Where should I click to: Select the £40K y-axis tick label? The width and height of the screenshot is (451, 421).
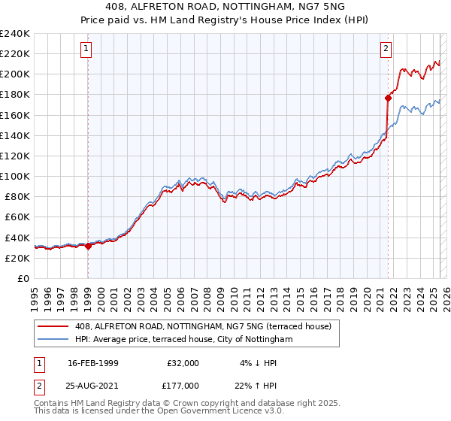[17, 238]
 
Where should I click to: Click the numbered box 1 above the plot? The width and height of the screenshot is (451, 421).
[86, 49]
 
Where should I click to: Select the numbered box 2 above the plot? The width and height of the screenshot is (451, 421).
[386, 49]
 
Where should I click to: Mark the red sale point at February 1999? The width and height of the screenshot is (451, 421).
[88, 245]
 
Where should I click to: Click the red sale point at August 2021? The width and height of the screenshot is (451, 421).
[389, 98]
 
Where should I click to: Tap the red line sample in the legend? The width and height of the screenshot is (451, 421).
[53, 326]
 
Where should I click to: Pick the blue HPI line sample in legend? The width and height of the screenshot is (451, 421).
[53, 339]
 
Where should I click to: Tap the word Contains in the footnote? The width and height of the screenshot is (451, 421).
[52, 403]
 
